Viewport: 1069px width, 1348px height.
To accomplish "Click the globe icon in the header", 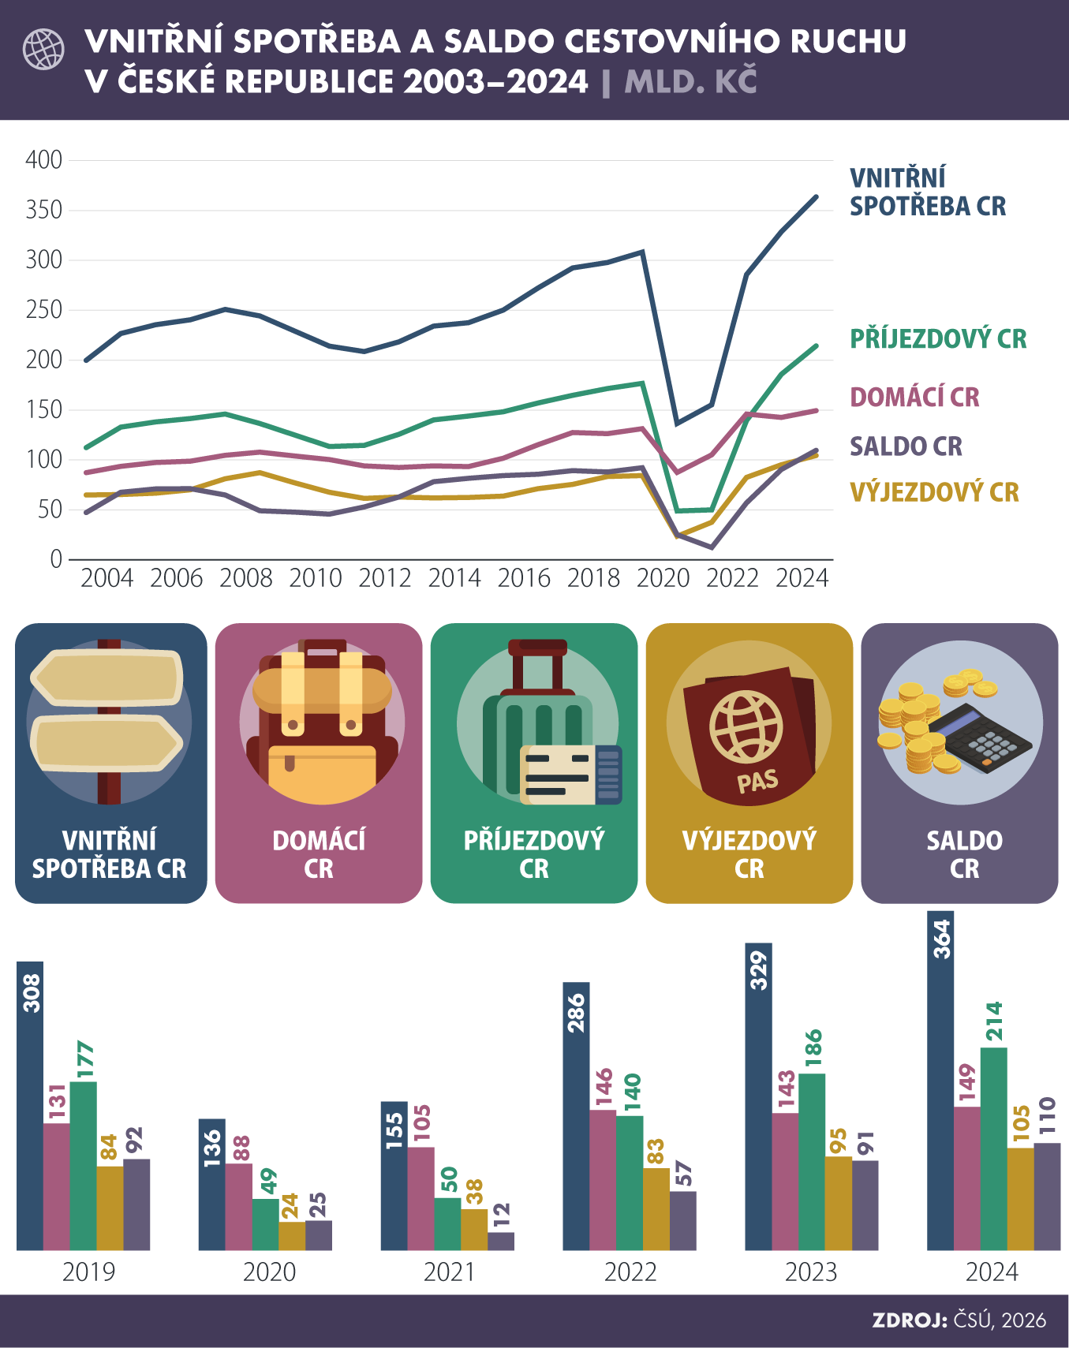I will [x=43, y=49].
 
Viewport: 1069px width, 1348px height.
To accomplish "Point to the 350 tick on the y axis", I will [x=43, y=210].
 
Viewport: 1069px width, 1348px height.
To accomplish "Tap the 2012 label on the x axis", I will [x=384, y=578].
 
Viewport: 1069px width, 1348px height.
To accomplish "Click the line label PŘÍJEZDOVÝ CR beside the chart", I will [x=937, y=339].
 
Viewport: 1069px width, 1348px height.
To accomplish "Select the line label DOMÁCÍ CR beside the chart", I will [x=914, y=397].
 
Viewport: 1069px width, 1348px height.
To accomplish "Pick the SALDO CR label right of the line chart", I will [x=906, y=446].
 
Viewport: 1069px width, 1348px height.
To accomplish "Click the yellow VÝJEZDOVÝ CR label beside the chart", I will [x=934, y=492].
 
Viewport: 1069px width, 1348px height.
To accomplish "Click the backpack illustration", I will [x=321, y=722].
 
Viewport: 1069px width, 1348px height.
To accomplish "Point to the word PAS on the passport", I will [x=757, y=782].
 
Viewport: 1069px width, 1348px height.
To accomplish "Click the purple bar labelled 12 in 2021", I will [x=501, y=1241].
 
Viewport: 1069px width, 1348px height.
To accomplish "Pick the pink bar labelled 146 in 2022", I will [x=603, y=1179].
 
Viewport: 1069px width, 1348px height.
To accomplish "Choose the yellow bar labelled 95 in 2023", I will [x=838, y=1203].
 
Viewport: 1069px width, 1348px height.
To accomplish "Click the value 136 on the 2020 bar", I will [x=211, y=1148].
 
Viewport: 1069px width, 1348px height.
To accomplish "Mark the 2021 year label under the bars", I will [x=449, y=1272].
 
